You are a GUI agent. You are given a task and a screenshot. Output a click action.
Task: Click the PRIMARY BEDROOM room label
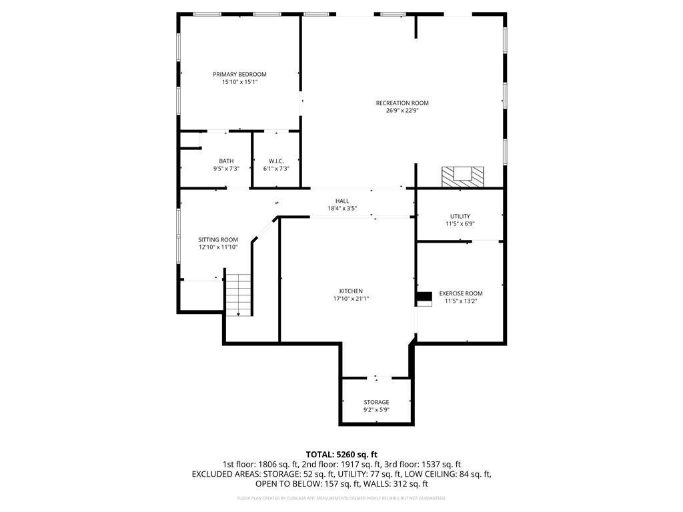tap(239, 74)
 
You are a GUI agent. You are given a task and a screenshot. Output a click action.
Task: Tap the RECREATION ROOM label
tap(402, 103)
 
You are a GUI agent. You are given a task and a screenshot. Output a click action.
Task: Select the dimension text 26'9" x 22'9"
tap(402, 111)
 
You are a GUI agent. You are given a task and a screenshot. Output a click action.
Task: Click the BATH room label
tap(226, 161)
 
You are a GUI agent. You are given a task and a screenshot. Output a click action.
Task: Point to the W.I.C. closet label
tap(276, 161)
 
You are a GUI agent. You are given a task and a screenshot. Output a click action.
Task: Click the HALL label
tap(342, 201)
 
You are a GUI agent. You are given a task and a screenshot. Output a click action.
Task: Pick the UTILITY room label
tap(460, 216)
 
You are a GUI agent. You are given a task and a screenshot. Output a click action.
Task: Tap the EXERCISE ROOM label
tap(460, 293)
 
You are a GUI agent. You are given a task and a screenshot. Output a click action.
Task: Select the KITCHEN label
tap(351, 291)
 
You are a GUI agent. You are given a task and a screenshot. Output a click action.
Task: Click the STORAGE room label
tap(376, 402)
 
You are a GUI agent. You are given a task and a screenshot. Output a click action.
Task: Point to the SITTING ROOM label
tap(217, 239)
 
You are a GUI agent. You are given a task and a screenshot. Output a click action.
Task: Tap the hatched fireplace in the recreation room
tap(462, 176)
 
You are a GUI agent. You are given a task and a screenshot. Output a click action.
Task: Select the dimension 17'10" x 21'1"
tap(351, 299)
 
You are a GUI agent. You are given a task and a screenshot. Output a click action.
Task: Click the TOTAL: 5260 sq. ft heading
tap(341, 454)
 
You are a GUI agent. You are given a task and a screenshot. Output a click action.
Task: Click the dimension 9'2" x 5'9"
tap(376, 409)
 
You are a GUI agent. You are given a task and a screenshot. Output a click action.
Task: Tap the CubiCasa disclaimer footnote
tap(341, 498)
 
